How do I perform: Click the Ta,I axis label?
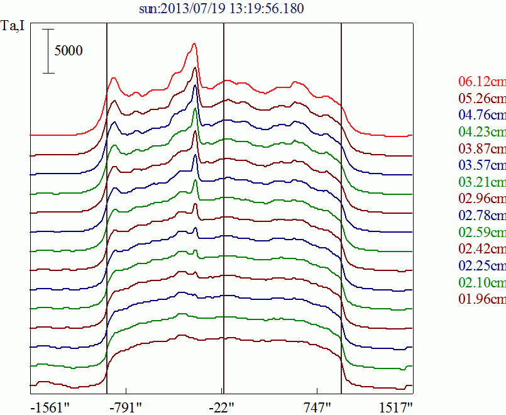coord(13,26)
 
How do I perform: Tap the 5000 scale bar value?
coord(68,51)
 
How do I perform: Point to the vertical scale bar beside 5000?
coord(48,51)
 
